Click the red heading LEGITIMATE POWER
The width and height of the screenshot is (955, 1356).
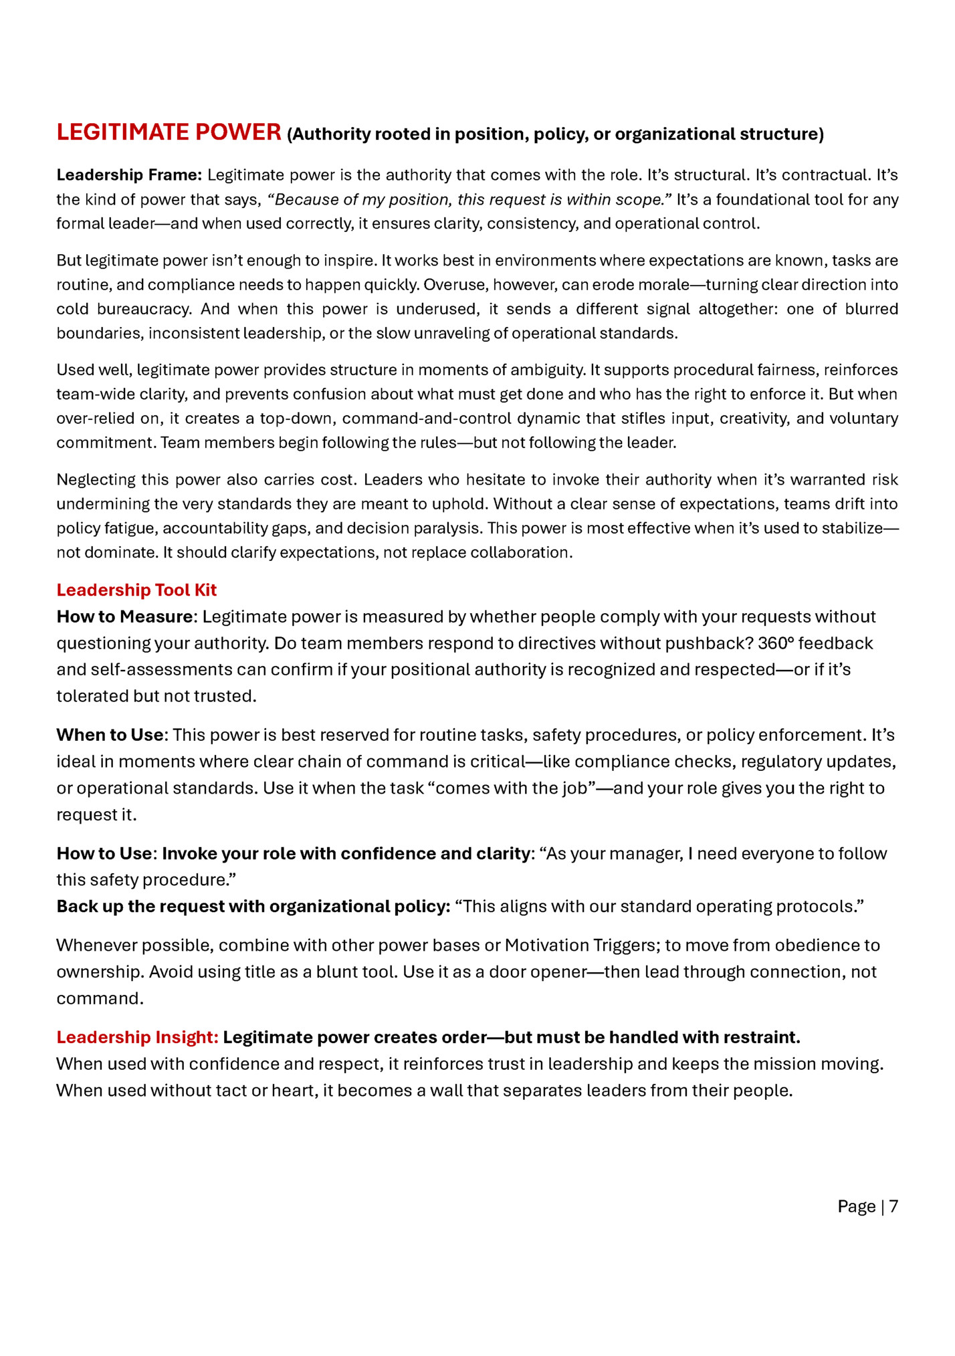click(x=169, y=132)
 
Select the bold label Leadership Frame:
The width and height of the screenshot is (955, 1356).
click(x=129, y=175)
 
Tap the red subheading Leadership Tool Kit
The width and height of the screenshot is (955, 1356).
click(x=136, y=590)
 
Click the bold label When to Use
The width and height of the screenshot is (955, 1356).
click(x=110, y=735)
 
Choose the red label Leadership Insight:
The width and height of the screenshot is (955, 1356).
click(x=137, y=1037)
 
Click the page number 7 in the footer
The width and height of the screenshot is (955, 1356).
click(x=893, y=1206)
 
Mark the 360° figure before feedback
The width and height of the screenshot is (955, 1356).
click(x=776, y=643)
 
